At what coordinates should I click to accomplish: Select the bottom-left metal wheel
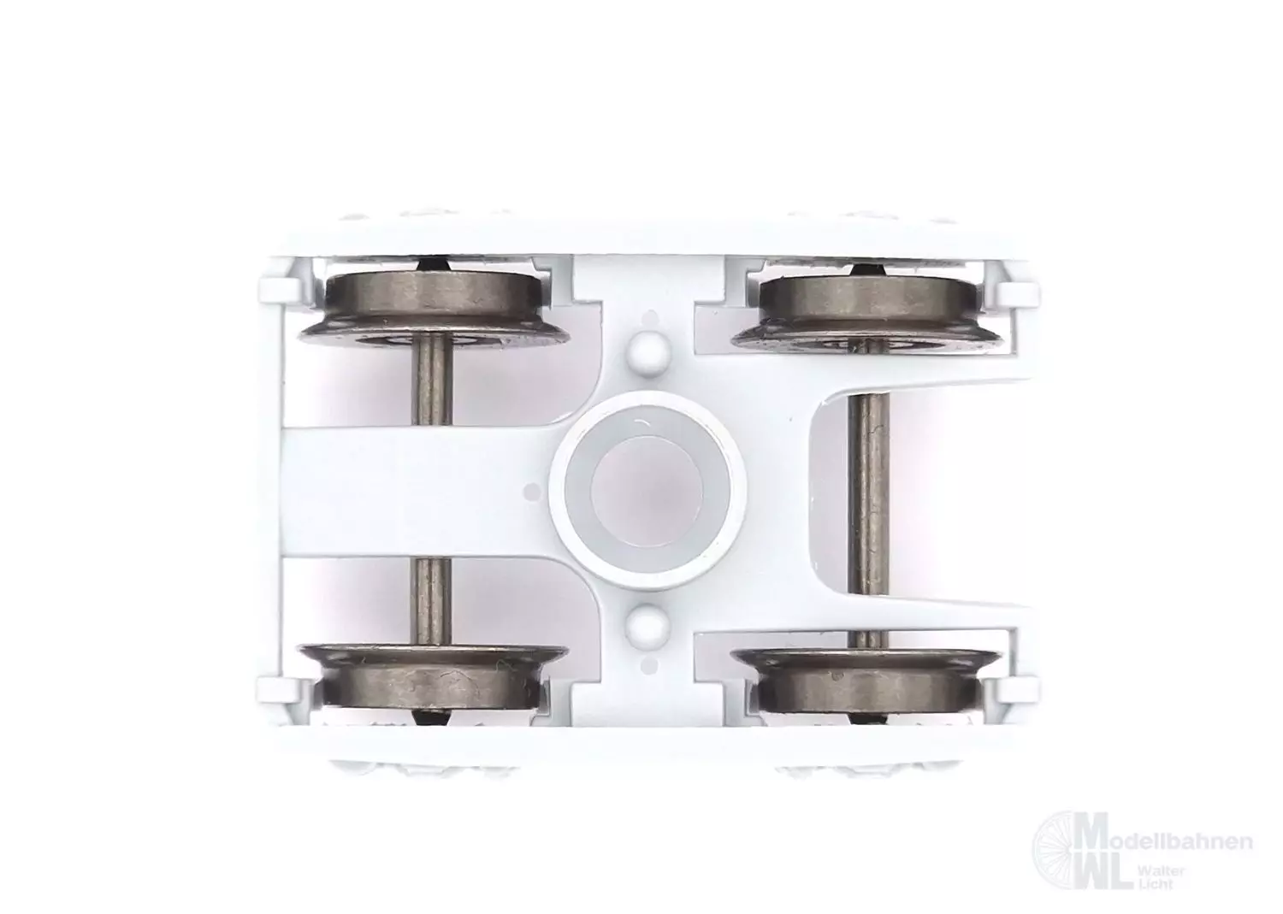click(434, 676)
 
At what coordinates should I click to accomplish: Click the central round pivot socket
click(647, 493)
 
